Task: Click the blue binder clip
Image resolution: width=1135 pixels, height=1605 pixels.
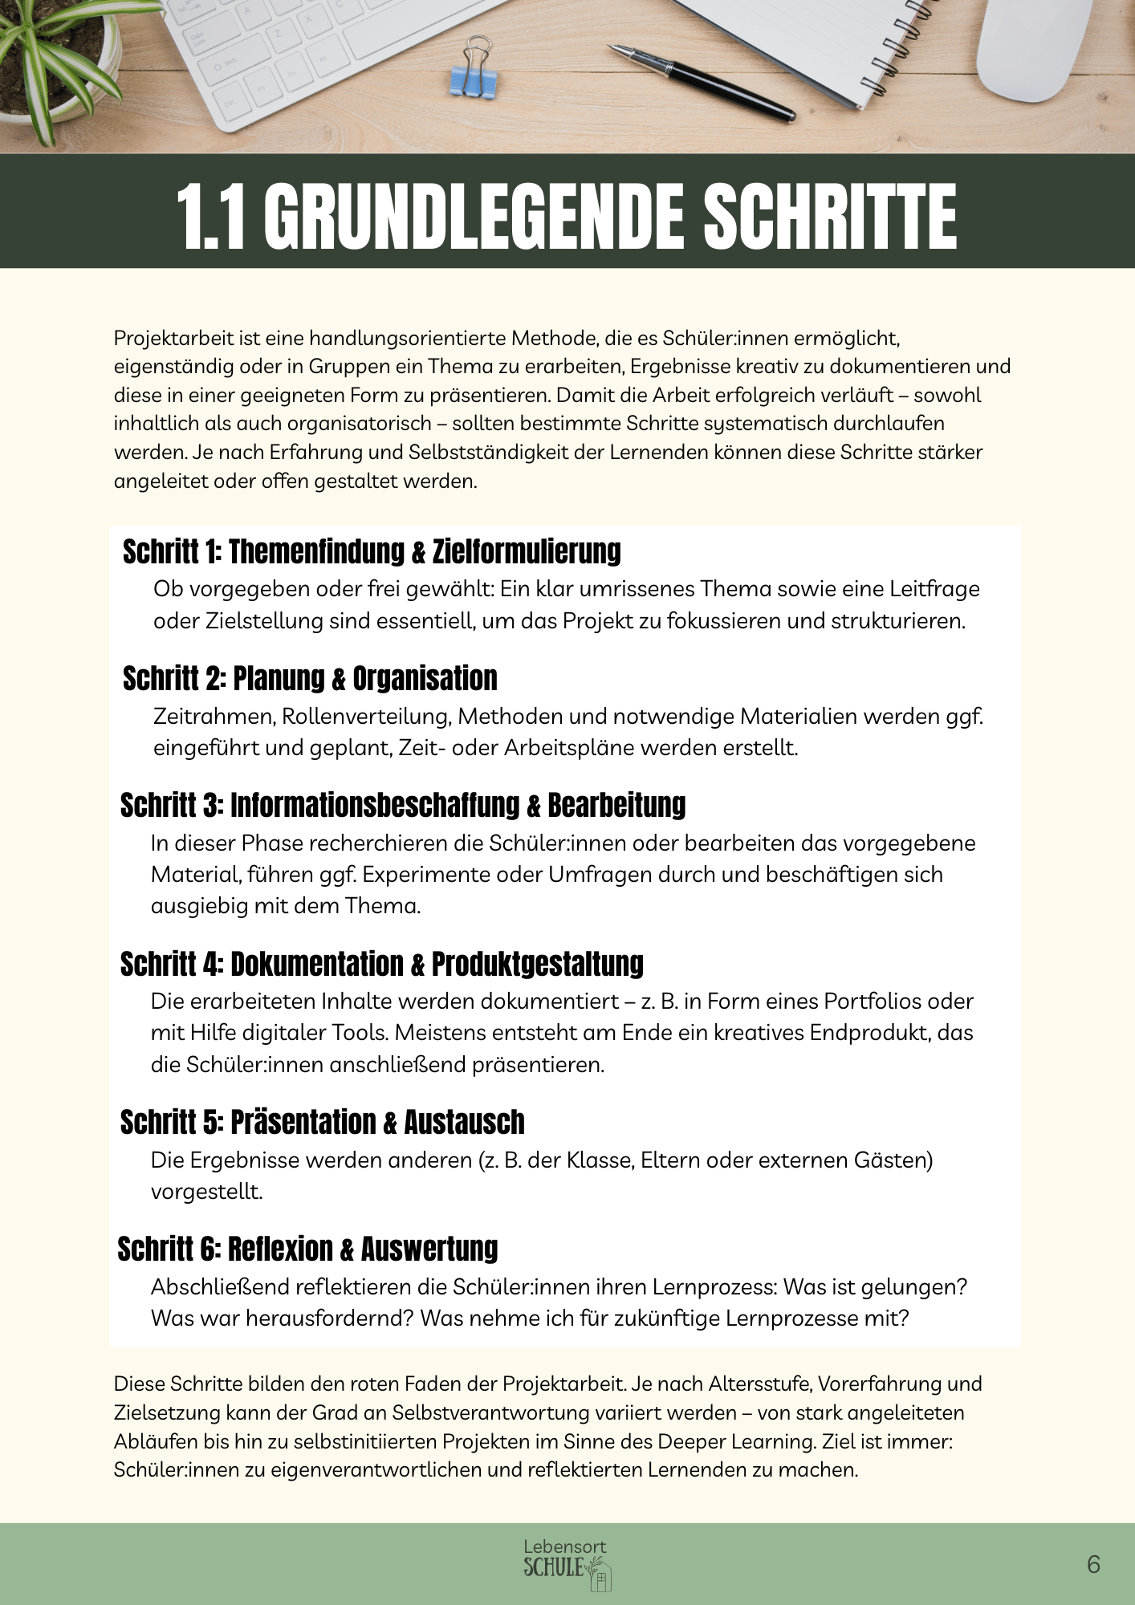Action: point(476,70)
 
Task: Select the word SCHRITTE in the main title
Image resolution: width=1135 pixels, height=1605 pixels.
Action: point(830,217)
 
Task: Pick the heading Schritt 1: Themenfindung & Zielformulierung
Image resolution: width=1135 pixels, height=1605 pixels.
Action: point(372,551)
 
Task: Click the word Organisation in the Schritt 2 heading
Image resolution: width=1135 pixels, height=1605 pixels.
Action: point(425,679)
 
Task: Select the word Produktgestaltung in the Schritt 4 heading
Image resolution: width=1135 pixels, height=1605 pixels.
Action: point(537,964)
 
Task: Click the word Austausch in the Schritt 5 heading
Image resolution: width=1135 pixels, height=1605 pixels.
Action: point(464,1123)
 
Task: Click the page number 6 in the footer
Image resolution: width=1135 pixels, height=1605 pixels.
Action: point(1093,1564)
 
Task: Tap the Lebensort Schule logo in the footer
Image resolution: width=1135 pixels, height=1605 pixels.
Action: point(566,1563)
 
